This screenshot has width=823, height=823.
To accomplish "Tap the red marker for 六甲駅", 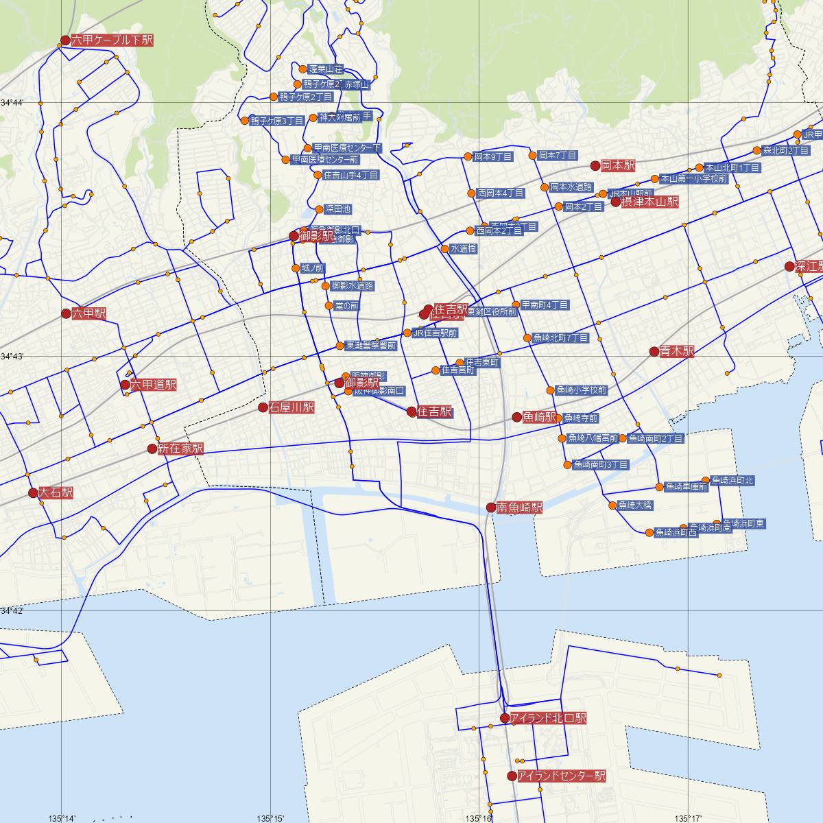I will [66, 313].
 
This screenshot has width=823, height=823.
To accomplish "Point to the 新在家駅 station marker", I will [152, 449].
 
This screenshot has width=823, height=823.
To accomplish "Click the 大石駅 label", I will [56, 493].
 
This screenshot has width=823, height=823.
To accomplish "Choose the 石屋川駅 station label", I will [291, 407].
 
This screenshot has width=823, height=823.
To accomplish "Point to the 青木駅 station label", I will [677, 352].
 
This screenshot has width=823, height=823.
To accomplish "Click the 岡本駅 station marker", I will [595, 166].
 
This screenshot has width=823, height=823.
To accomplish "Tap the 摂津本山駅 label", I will [649, 202].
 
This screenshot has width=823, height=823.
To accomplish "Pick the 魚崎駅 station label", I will [539, 417].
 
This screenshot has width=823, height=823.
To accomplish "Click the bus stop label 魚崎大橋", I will [635, 506].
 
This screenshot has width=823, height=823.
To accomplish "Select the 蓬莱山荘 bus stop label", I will [326, 69].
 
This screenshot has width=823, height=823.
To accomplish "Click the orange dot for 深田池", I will [318, 209].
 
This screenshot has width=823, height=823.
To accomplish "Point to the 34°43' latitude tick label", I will [12, 357].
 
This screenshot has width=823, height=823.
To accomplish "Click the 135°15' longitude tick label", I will [271, 818].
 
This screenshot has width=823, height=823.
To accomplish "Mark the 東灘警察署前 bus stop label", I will [371, 346].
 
